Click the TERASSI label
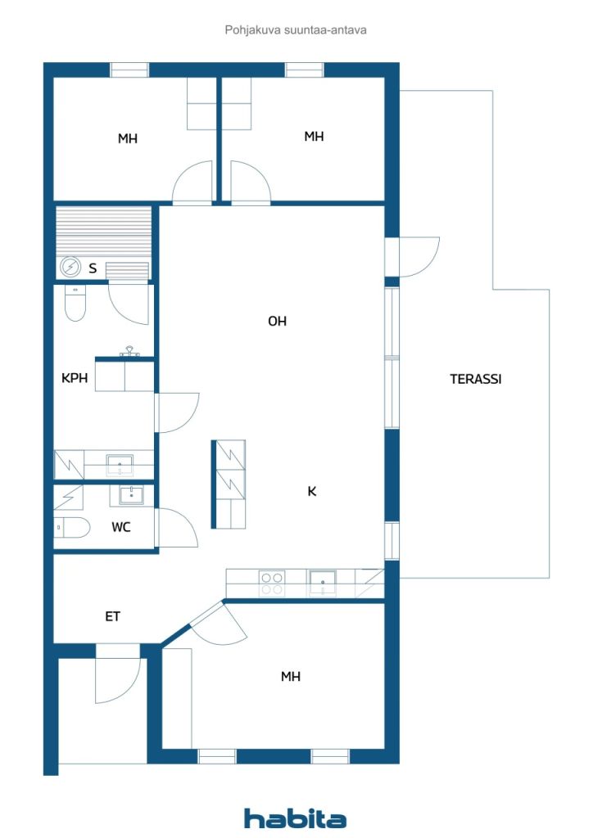(475, 379)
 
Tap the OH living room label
(277, 321)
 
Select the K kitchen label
(312, 491)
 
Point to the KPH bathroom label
(75, 378)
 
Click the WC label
(121, 527)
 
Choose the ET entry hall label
(112, 616)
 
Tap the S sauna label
(93, 268)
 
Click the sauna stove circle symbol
(70, 267)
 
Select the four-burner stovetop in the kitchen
(271, 583)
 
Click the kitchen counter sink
(323, 583)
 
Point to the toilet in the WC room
(72, 528)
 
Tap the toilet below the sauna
(75, 303)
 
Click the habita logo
(295, 818)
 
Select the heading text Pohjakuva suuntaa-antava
(296, 30)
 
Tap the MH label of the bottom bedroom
(290, 677)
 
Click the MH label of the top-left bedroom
(128, 139)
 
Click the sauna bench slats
(104, 234)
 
